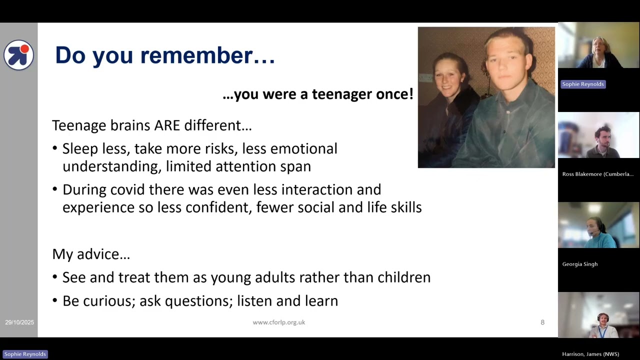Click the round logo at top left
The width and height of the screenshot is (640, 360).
18,54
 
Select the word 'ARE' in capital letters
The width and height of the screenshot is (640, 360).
166,125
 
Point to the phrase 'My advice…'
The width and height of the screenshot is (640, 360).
91,254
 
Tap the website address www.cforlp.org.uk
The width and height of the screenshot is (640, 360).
278,322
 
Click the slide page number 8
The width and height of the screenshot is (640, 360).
542,322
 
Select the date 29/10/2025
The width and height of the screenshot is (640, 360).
19,322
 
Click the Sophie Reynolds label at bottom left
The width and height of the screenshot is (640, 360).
25,354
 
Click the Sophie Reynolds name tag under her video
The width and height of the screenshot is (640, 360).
582,84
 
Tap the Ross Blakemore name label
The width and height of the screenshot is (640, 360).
597,174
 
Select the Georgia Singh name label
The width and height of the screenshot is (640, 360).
579,264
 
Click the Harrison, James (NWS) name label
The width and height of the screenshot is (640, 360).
590,354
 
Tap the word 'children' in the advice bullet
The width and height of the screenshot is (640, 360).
403,277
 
